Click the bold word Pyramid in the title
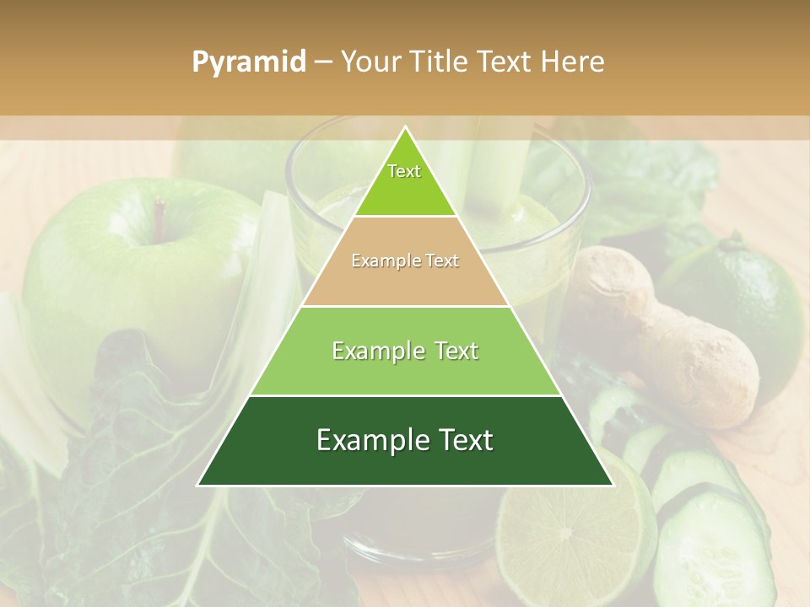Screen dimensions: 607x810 248,62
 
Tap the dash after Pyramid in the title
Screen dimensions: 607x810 323,62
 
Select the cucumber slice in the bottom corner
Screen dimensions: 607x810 709,548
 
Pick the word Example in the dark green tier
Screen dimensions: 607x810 366,441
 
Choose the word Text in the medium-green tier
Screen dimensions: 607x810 454,351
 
